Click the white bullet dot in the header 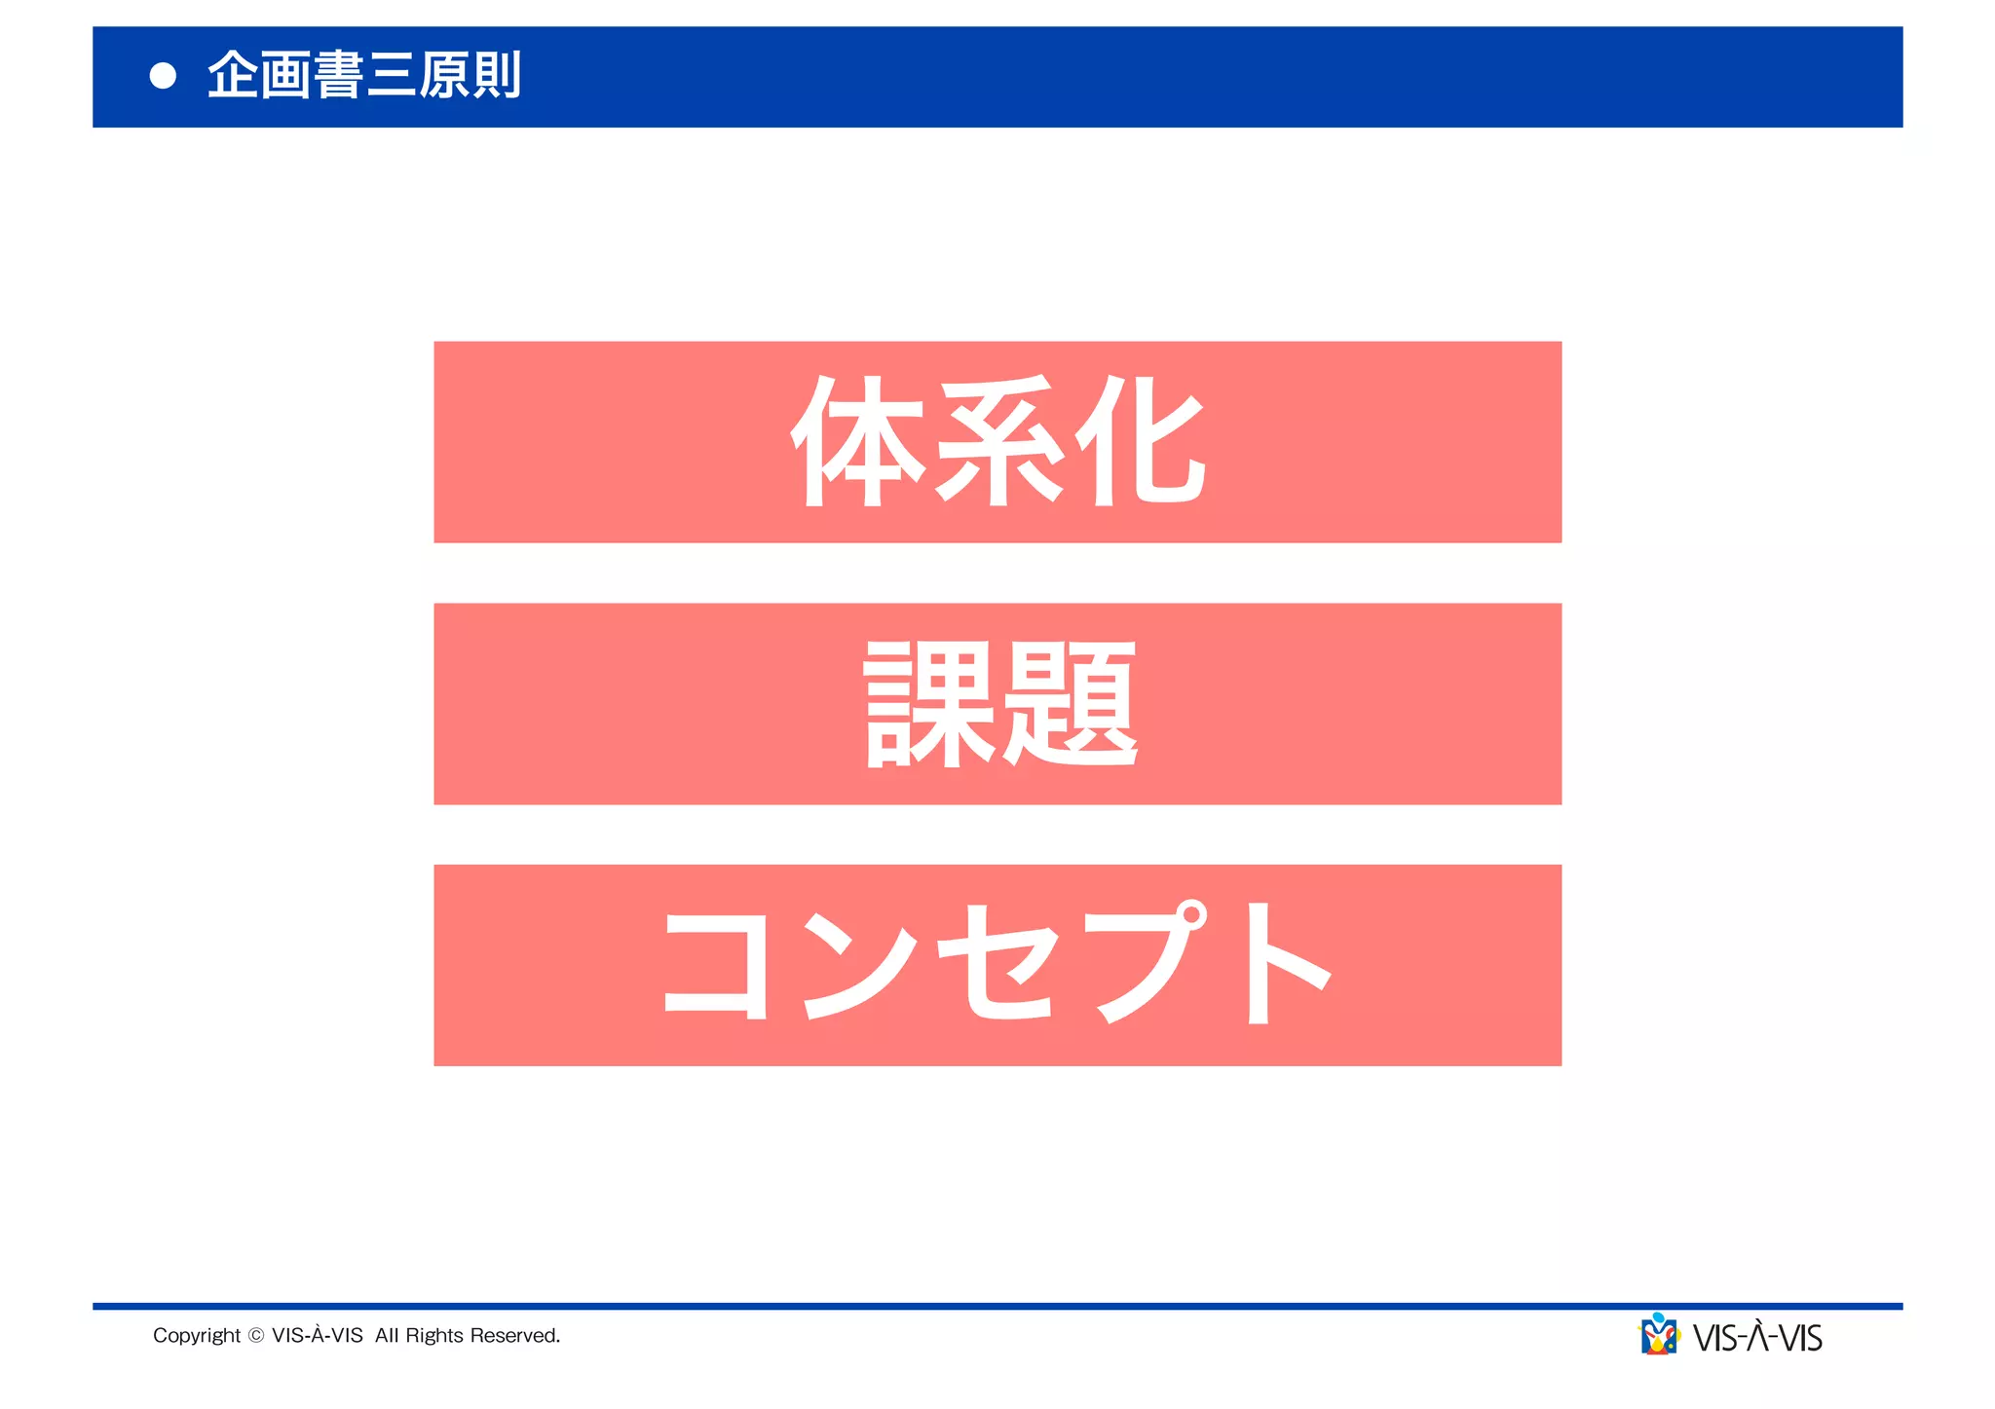164,76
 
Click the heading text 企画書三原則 364,76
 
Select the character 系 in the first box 998,441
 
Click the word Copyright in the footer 197,1336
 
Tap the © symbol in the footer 256,1336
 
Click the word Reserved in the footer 514,1336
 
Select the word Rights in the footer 434,1336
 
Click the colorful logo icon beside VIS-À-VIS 1659,1335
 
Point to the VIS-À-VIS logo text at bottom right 1757,1338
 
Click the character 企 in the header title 234,76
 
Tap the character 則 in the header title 495,76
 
